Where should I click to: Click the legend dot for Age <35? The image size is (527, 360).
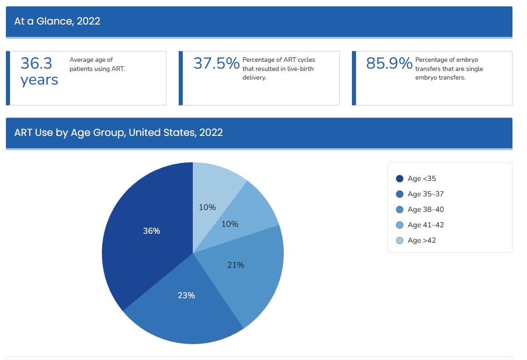[x=400, y=179]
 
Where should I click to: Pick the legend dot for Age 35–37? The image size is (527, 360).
[x=400, y=194]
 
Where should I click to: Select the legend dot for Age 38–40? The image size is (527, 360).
[x=400, y=210]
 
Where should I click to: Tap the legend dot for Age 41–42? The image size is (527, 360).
[x=400, y=225]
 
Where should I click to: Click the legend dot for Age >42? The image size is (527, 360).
[x=400, y=240]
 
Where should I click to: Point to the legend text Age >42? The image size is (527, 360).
[x=422, y=240]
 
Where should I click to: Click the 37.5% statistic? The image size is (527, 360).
[x=216, y=64]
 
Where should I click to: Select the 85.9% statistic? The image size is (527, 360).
[x=389, y=64]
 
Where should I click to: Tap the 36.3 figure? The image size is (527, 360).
[x=36, y=63]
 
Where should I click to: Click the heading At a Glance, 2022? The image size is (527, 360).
[x=57, y=21]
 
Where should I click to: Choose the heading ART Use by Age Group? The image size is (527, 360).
[x=118, y=133]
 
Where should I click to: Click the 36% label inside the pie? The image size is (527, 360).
[x=151, y=231]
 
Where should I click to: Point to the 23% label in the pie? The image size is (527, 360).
[x=186, y=295]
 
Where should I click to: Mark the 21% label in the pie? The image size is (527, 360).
[x=236, y=265]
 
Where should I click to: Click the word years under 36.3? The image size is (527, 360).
[x=40, y=80]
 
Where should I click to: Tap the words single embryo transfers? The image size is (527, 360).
[x=449, y=73]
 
